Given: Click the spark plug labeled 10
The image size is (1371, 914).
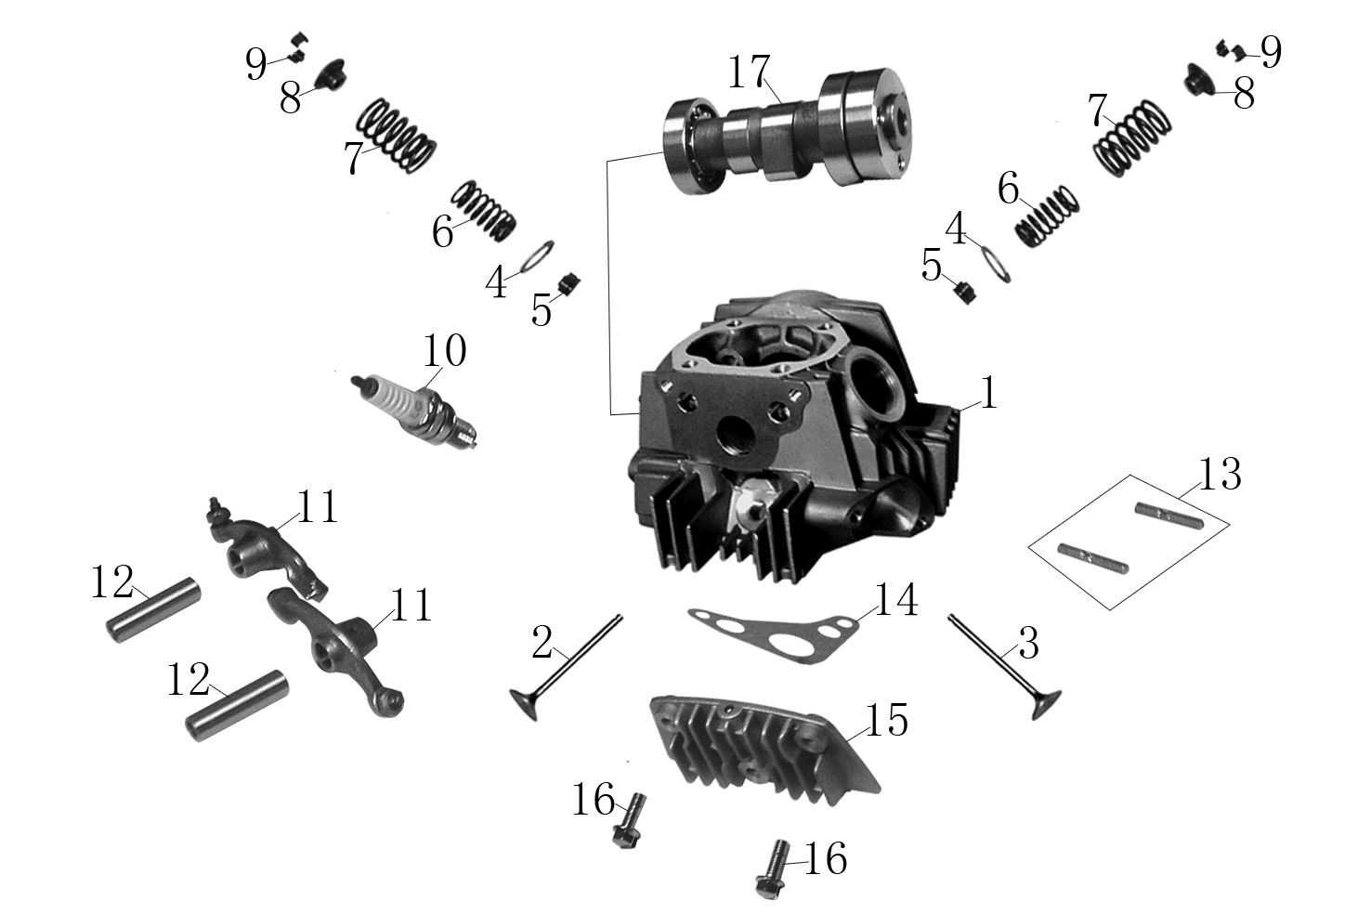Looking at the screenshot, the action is point(414,411).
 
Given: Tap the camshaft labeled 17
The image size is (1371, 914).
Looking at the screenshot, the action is point(787,132).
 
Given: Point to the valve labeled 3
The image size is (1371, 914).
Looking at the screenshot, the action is point(1005,667).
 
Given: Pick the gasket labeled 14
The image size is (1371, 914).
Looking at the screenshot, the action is point(773,635).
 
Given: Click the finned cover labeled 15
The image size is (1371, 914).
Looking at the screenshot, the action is point(765,750).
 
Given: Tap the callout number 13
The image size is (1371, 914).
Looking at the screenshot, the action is point(1220,475).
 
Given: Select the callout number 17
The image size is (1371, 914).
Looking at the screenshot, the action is point(748,72).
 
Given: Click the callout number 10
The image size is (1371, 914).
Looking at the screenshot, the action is point(444,350).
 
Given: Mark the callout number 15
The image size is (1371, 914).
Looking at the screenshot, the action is point(887,720).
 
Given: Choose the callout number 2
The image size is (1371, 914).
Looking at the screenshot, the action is point(542,643).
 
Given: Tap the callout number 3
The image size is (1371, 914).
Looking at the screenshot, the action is point(1028,644).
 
